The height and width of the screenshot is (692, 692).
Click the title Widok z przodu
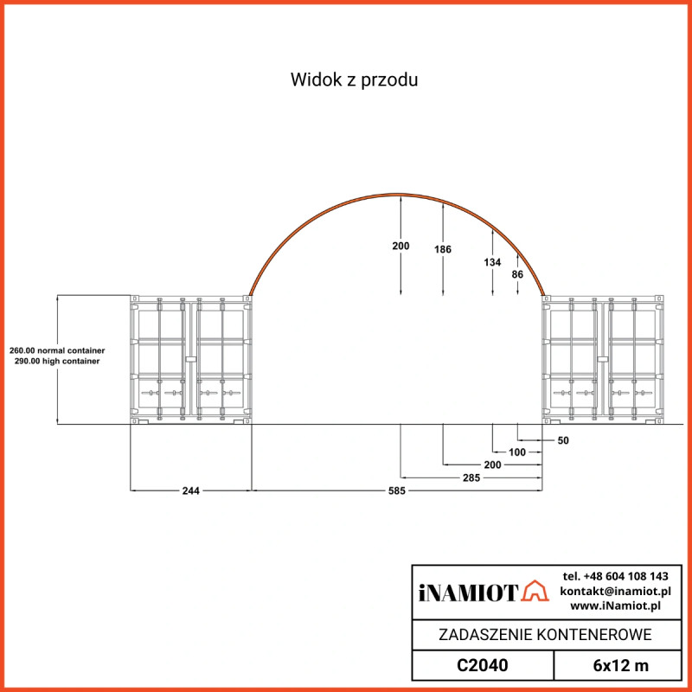coord(355,80)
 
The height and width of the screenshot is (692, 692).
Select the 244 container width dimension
coord(191,490)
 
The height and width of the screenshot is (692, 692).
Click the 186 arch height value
coord(443,249)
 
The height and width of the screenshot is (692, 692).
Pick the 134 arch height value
coord(491,261)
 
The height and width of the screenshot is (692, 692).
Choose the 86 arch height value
coord(517,274)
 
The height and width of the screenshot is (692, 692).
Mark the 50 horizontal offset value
coord(563,440)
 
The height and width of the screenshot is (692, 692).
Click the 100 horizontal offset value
coord(516,452)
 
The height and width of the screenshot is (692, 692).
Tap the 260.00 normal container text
coord(57,350)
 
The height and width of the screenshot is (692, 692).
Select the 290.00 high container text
coord(57,361)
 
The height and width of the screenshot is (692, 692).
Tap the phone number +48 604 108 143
coord(615,576)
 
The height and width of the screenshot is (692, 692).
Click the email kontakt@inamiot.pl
coord(615,591)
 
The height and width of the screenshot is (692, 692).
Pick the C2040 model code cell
coord(482,666)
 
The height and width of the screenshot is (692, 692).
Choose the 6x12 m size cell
coord(620,666)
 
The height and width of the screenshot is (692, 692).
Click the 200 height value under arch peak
coord(400,246)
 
